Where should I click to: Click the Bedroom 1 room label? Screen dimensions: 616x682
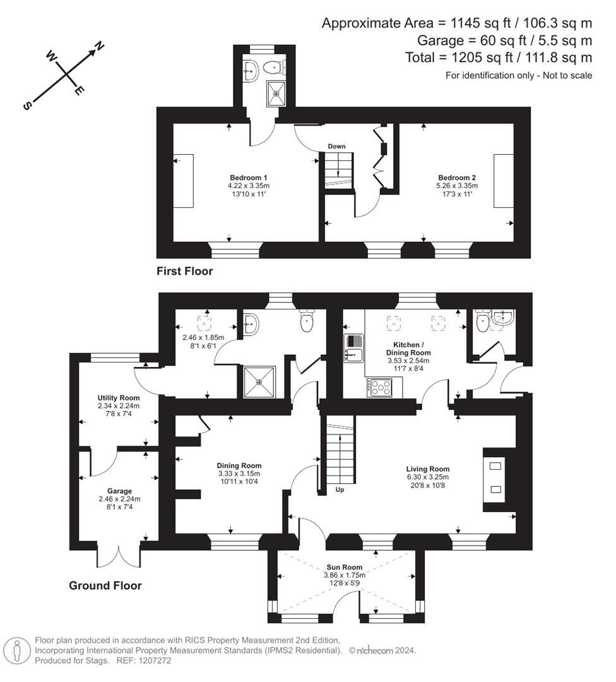point(248,177)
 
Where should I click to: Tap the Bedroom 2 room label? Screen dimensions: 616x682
point(457,177)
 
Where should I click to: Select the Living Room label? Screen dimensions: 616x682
point(428,469)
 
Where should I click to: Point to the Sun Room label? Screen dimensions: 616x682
point(345,567)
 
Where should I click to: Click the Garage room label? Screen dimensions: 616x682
point(119,491)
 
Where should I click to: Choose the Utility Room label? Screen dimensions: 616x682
point(118,398)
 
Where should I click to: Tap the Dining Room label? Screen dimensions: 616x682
point(239,465)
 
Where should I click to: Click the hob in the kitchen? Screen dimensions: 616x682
point(379,388)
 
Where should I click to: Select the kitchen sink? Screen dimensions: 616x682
point(353,348)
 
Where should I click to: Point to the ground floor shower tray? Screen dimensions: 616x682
point(259,382)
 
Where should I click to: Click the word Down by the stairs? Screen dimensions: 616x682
point(336,146)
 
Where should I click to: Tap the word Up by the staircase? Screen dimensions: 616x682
point(340,490)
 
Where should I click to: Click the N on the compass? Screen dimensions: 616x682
point(100,45)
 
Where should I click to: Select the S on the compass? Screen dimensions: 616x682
point(27,105)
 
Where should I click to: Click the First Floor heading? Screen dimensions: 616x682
point(185,272)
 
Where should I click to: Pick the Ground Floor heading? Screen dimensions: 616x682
point(105,585)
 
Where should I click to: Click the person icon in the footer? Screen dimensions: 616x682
point(16,651)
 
